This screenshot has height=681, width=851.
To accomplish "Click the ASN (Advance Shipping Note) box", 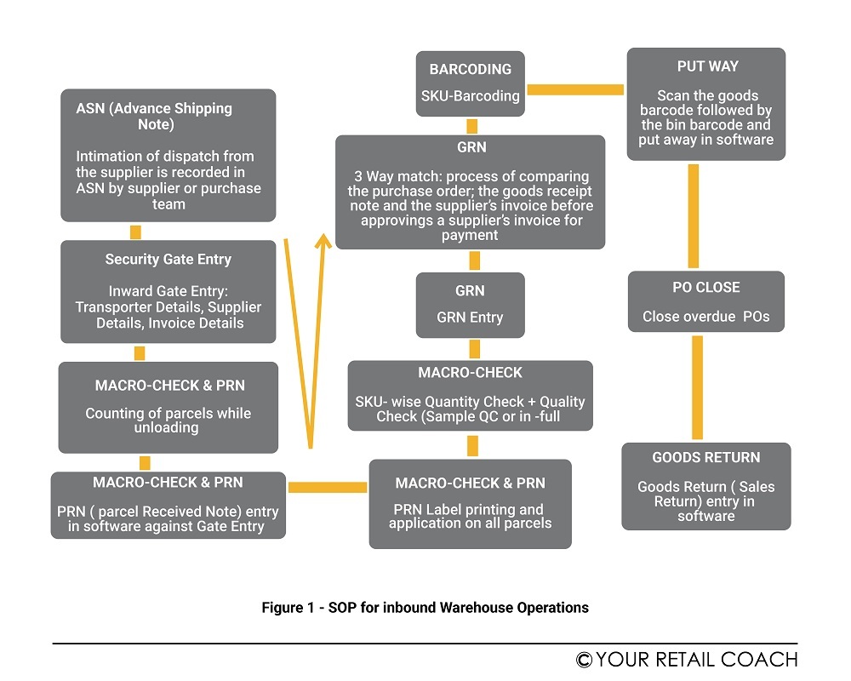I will (x=168, y=156).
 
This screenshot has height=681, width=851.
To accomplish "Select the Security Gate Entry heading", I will (x=168, y=260).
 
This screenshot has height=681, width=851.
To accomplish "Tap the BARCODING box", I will (x=470, y=83).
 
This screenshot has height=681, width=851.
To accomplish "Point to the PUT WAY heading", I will (x=707, y=66).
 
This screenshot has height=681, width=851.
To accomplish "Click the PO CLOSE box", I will (x=705, y=302).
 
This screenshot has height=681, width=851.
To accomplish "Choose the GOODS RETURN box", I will (x=705, y=486).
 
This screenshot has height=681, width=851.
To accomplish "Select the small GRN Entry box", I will (x=470, y=304).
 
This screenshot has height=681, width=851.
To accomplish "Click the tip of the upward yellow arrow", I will (x=323, y=240).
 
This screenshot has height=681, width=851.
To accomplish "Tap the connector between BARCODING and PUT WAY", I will (x=575, y=89).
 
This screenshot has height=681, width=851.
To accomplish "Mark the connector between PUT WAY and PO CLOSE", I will (x=693, y=215).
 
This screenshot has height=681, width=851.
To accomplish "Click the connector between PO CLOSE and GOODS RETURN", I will (x=697, y=387).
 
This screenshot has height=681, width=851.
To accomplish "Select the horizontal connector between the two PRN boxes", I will (x=328, y=487).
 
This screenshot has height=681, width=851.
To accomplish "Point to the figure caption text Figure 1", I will (x=425, y=608).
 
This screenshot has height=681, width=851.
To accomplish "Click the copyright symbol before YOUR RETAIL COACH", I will (x=584, y=660).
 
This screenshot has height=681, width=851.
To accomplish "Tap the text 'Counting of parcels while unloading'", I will (x=168, y=421).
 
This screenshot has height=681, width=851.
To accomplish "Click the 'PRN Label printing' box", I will (x=470, y=504).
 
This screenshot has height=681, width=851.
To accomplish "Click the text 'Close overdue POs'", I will (x=705, y=317).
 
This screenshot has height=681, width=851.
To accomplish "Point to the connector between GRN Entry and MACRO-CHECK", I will (x=474, y=348).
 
